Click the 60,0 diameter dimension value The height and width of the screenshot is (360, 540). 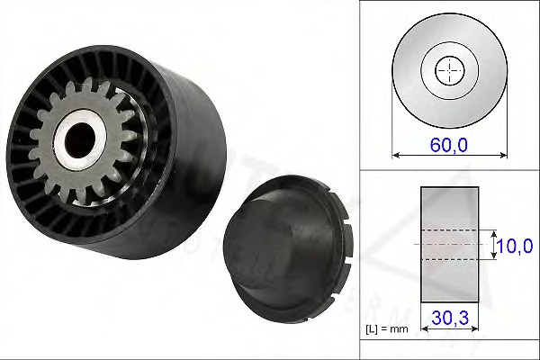click(449, 143)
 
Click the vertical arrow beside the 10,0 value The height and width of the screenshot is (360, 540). click(494, 244)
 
